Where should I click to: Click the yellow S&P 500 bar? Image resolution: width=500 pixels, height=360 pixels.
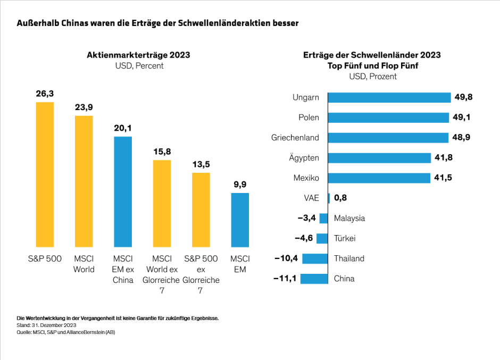(x=45, y=174)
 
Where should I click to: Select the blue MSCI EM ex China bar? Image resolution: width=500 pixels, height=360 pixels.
(x=123, y=191)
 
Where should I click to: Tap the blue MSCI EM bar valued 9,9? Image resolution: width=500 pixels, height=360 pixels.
(x=240, y=220)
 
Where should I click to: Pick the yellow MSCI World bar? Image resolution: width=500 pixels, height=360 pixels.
(x=84, y=181)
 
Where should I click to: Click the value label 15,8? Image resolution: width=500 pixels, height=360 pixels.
(x=162, y=152)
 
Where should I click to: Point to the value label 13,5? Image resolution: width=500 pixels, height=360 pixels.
(x=201, y=164)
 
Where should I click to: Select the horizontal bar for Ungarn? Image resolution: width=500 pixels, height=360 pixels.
(x=389, y=97)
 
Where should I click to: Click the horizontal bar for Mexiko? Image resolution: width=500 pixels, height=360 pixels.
(x=379, y=178)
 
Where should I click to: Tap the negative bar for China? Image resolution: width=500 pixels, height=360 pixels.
(x=314, y=279)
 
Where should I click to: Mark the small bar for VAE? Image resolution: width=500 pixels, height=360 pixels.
(x=329, y=198)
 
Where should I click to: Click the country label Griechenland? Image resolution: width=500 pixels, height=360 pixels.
(x=295, y=138)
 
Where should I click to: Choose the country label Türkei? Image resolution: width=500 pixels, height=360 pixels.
(x=345, y=238)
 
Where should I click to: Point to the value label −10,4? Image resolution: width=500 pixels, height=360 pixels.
(x=286, y=258)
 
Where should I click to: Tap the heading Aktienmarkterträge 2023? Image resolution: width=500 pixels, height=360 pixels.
(x=138, y=55)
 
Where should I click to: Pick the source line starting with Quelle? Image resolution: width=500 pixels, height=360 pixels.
(x=66, y=332)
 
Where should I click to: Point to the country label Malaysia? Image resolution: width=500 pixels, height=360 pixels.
(x=349, y=218)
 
